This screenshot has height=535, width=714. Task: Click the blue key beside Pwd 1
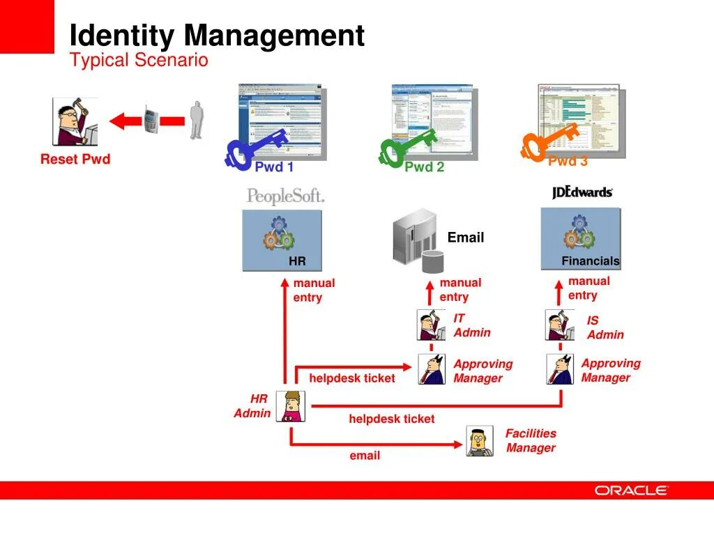click(255, 148)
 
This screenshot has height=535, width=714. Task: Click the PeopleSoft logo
click(285, 196)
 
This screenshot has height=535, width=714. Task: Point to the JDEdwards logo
click(582, 192)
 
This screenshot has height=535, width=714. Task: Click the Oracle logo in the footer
click(631, 490)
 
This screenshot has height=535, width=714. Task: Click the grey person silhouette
click(197, 120)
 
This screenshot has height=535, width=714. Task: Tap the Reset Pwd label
click(75, 160)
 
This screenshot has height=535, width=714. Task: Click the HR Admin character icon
click(289, 406)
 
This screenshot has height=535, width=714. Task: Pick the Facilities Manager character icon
click(479, 441)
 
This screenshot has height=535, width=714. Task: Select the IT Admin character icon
click(431, 325)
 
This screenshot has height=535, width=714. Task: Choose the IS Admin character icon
click(559, 325)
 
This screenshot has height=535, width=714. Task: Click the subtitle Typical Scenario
click(139, 61)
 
